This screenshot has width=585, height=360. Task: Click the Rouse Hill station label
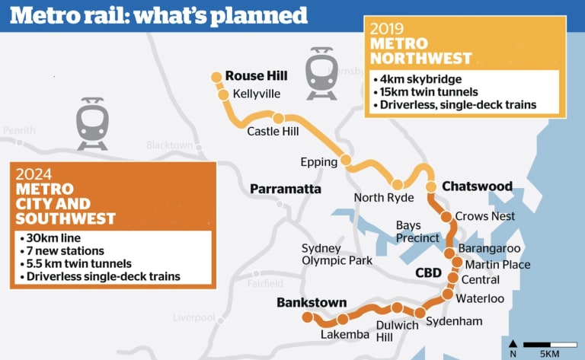point(257,76)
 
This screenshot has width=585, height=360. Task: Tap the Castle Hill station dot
point(279,118)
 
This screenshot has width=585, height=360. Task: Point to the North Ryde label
point(384,198)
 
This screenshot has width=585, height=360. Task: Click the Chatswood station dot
point(430,186)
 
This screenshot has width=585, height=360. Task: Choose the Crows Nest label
point(485,216)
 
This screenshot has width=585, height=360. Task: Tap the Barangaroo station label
point(489,249)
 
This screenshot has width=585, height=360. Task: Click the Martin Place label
point(497,265)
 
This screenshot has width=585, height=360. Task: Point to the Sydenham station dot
point(420,312)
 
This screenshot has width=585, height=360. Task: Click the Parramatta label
point(286,189)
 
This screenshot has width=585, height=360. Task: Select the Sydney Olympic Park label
point(337,254)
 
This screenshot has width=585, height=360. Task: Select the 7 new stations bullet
point(65,250)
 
